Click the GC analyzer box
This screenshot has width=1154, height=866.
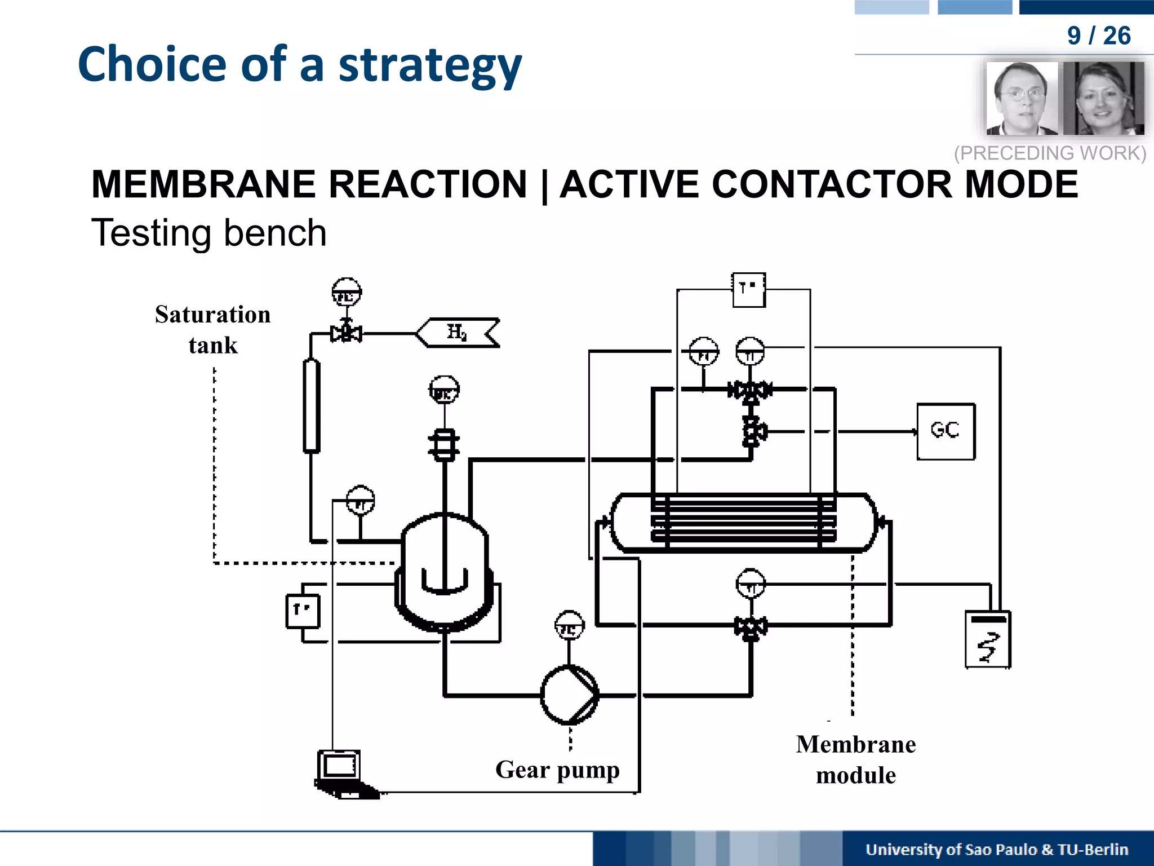(946, 431)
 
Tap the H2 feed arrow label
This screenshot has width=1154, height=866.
(457, 333)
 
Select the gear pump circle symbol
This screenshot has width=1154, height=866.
(569, 695)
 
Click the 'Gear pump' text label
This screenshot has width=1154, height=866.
(557, 769)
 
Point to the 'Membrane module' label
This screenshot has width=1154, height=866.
(855, 759)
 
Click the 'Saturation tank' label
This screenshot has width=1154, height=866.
(212, 329)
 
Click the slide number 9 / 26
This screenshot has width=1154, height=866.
(1098, 36)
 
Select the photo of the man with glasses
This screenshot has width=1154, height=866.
(1022, 98)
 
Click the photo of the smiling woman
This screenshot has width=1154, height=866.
(1103, 98)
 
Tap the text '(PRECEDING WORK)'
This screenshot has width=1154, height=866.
(1050, 153)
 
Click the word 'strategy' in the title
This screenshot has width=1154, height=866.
(430, 65)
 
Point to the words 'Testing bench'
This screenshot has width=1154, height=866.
(209, 233)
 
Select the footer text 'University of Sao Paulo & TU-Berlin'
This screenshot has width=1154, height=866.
(996, 849)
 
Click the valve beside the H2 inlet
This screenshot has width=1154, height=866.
(346, 333)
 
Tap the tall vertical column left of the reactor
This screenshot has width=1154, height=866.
(312, 406)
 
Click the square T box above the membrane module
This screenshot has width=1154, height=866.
(748, 290)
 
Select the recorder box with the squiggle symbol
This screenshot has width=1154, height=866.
(988, 640)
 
